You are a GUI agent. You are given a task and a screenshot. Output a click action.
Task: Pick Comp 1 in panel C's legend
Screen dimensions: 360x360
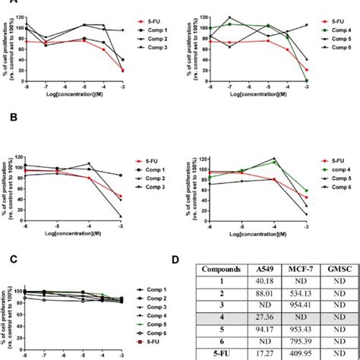(x=159, y=289)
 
